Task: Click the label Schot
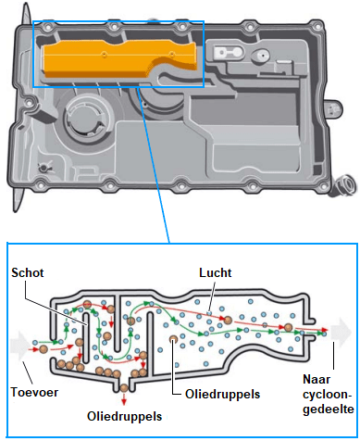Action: point(28,272)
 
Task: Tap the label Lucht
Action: point(215,272)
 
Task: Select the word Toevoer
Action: point(34,392)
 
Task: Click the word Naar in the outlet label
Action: point(317,379)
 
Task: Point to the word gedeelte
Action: point(329,409)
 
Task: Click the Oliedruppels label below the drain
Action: point(124,416)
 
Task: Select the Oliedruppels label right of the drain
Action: point(222,395)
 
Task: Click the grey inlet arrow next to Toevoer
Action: point(20,346)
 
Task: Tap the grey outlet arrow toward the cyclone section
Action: point(341,332)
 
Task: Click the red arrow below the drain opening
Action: point(124,399)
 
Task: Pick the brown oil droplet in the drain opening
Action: point(124,388)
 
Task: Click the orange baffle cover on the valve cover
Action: point(119,58)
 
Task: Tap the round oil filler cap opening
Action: point(85,117)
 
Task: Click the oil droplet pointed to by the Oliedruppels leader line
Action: point(173,340)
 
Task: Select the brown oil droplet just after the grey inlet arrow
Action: point(43,349)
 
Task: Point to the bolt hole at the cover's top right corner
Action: point(317,27)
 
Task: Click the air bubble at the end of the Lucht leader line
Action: point(209,313)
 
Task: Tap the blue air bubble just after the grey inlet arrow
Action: point(35,342)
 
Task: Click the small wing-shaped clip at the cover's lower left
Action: point(43,169)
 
